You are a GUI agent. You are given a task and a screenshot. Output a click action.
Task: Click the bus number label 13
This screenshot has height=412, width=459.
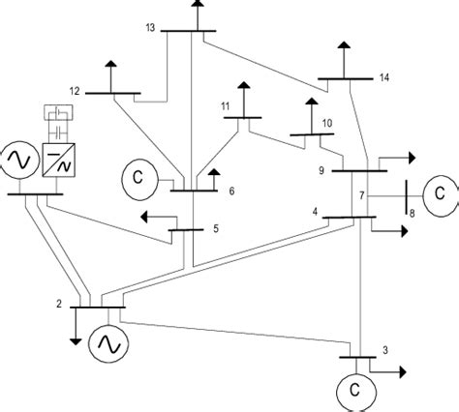point(149,29)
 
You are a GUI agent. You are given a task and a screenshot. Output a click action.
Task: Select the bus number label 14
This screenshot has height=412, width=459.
point(387,76)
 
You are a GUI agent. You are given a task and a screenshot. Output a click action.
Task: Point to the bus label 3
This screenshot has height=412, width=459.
point(387,351)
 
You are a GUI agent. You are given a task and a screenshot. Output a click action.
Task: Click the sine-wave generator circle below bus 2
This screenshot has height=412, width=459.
point(105,341)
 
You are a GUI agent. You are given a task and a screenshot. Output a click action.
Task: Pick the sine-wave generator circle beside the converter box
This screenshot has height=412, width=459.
point(17,158)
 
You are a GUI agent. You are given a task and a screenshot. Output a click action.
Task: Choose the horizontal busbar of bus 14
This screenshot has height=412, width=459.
point(344,76)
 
